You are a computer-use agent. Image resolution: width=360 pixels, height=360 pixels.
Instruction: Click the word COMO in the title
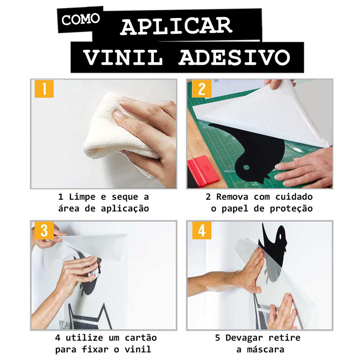coord(81,19)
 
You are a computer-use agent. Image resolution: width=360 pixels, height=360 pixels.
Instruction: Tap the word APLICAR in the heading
coord(176,27)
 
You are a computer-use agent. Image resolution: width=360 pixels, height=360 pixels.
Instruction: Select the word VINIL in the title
coord(123,58)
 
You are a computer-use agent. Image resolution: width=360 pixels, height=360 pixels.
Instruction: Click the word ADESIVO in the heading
coord(234,58)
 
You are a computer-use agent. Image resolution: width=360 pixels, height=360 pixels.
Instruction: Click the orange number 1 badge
coord(44,89)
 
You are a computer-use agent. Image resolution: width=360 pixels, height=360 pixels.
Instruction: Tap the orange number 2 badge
coord(202,89)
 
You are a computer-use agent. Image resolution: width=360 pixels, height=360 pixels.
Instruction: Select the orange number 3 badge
coord(44,230)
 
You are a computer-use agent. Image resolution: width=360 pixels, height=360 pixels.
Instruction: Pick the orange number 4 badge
coord(202,230)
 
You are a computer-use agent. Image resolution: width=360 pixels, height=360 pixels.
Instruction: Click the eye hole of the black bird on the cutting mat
coord(246,167)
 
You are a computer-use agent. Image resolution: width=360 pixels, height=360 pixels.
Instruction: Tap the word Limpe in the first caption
coord(82,197)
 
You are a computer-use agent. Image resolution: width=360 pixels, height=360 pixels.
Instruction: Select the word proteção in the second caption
coord(291,208)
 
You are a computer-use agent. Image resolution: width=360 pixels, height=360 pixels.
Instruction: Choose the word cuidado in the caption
coord(294,197)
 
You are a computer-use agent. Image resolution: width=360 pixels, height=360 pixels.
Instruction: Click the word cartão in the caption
coord(141,338)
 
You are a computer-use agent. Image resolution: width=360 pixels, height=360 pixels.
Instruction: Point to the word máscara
coord(265,350)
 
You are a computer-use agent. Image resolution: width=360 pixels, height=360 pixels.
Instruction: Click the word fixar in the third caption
coord(95,350)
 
